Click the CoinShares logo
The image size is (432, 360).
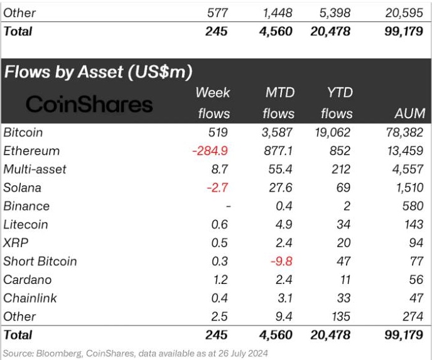(90, 104)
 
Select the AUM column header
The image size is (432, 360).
(410, 114)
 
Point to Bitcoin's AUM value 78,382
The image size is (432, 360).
(404, 133)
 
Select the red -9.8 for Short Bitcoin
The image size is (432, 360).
(281, 261)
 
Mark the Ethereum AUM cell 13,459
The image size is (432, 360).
(404, 151)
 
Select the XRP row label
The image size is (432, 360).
(16, 243)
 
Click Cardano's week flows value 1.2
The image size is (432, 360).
(220, 280)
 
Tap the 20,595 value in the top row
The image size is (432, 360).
(404, 13)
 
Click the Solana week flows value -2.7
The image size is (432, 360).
(218, 187)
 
